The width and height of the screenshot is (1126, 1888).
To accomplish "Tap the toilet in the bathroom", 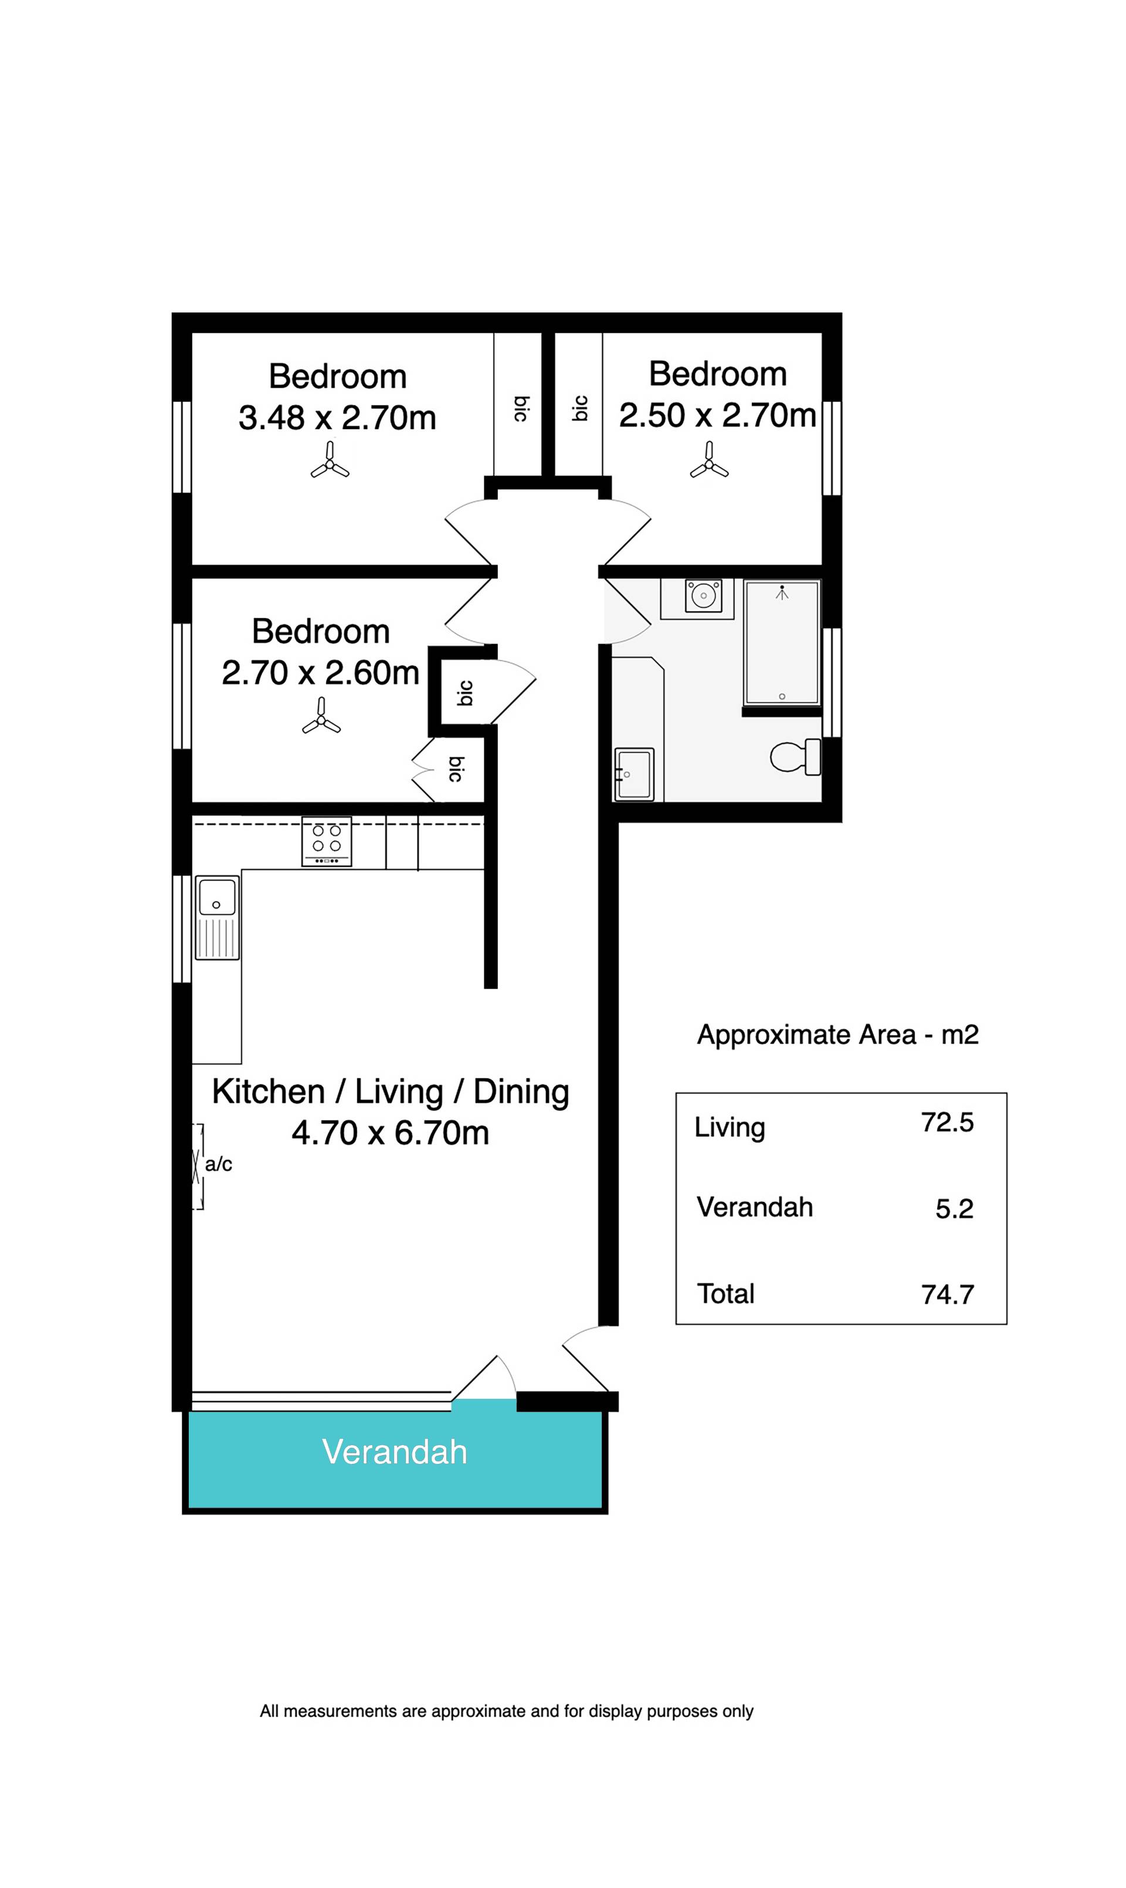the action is [x=795, y=757].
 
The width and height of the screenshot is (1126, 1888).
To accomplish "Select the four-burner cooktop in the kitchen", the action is [x=326, y=841].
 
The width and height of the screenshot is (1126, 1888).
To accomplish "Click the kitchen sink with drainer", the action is [x=218, y=917].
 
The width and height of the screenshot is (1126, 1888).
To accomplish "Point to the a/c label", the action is [x=219, y=1164].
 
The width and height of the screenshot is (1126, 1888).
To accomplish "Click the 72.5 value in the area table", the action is [x=947, y=1123].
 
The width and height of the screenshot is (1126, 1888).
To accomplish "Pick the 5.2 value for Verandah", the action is [x=955, y=1209].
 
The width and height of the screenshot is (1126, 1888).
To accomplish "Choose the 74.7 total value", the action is [x=948, y=1294].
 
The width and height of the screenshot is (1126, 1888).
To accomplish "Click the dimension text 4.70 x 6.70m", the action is [x=390, y=1133].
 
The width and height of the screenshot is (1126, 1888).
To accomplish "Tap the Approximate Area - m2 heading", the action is [x=837, y=1035].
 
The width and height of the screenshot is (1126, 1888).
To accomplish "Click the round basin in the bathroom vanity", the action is [x=703, y=596].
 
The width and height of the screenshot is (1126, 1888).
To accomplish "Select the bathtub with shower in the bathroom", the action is [x=782, y=643].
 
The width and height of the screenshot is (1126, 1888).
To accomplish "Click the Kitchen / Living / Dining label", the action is [x=391, y=1092].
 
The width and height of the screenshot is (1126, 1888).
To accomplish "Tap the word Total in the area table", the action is [x=725, y=1294].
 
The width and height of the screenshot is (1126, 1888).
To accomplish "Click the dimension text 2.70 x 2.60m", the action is [x=320, y=673].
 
